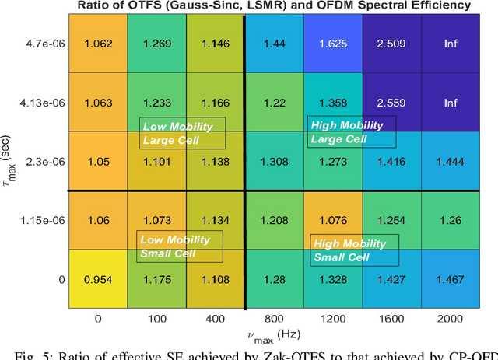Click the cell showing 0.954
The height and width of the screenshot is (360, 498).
pos(97,278)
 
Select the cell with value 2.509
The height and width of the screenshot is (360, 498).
pos(391,44)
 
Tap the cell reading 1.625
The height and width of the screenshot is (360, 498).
pos(332,44)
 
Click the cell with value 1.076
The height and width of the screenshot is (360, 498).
pos(332,220)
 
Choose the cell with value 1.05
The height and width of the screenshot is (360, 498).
pos(97,161)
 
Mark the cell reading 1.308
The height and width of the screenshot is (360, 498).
pos(274,161)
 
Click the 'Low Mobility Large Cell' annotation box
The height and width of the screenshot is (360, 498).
pos(183,133)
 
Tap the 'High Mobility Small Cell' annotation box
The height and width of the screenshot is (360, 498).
pos(353,250)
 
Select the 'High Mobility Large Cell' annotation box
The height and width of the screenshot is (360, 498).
pos(352,132)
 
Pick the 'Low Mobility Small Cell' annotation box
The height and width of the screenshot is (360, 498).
pos(180,246)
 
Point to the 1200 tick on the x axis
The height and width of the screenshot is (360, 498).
pos(332,319)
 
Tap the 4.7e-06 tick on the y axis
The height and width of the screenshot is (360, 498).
pos(42,44)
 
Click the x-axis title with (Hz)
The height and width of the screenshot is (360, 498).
pos(273,335)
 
